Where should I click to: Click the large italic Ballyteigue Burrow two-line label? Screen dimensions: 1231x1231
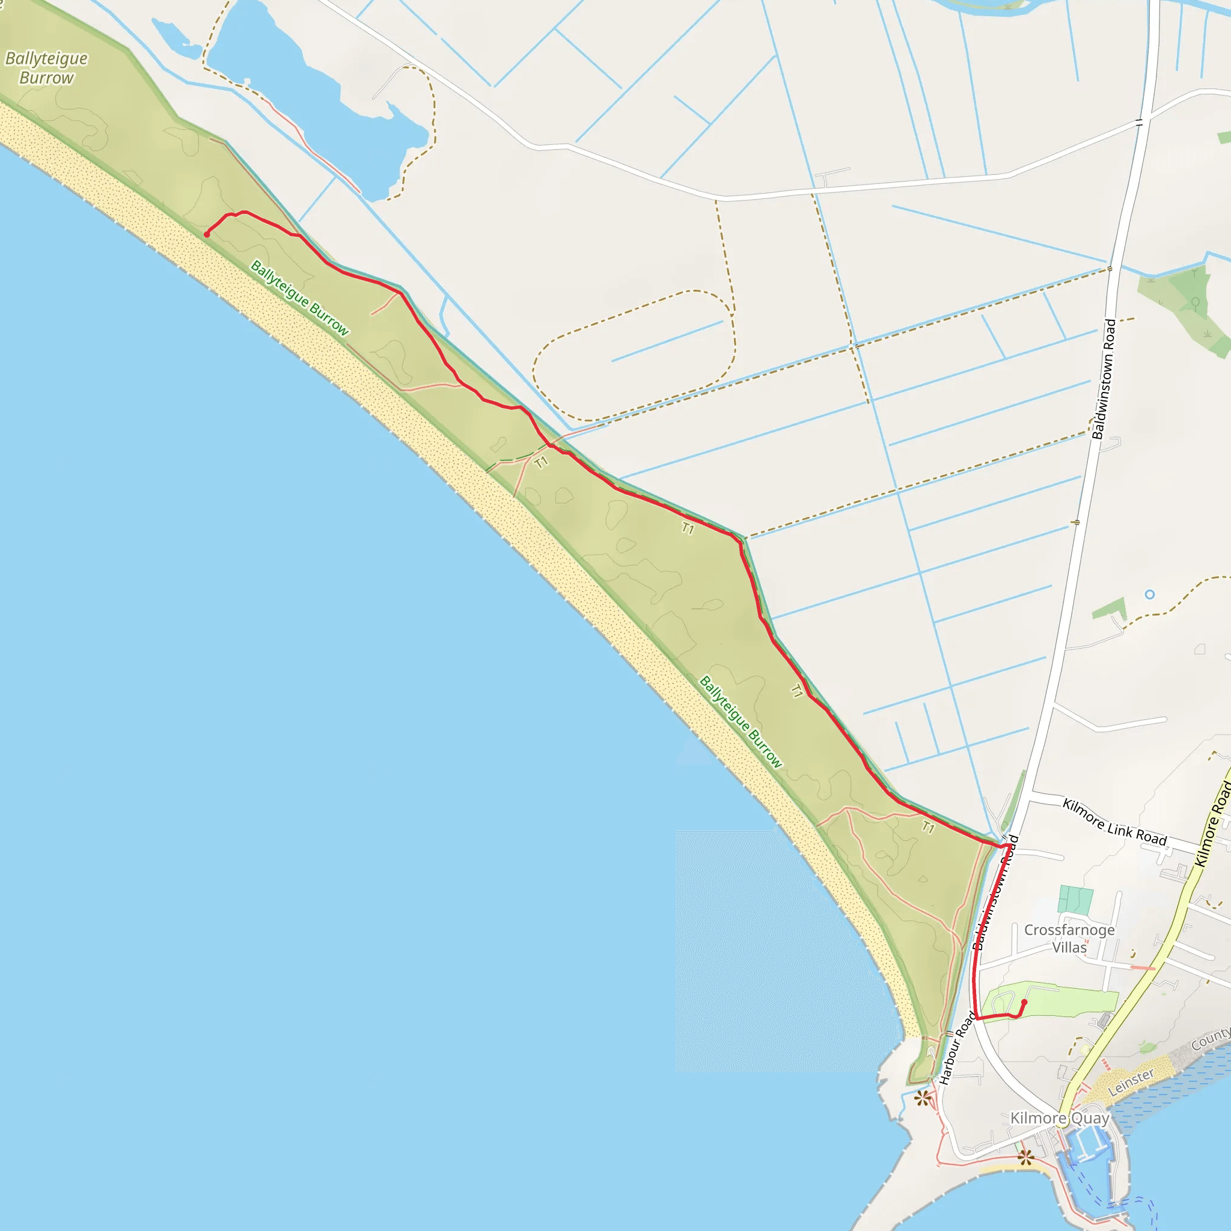46,68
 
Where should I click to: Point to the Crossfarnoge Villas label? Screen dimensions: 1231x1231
1069,938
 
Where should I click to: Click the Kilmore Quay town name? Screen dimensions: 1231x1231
1060,1118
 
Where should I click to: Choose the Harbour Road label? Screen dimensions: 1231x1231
957,1048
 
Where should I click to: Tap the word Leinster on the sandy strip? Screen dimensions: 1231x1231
1131,1083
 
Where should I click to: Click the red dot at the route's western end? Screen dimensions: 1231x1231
206,234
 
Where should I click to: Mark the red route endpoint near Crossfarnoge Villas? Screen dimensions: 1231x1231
1024,1002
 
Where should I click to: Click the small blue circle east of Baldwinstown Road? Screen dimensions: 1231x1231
1149,594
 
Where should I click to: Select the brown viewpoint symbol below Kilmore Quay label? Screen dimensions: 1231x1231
1025,1158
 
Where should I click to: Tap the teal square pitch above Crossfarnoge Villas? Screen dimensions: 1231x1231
1075,899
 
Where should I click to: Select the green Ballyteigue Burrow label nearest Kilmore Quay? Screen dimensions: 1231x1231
741,722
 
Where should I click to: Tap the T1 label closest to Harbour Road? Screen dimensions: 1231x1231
927,827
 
